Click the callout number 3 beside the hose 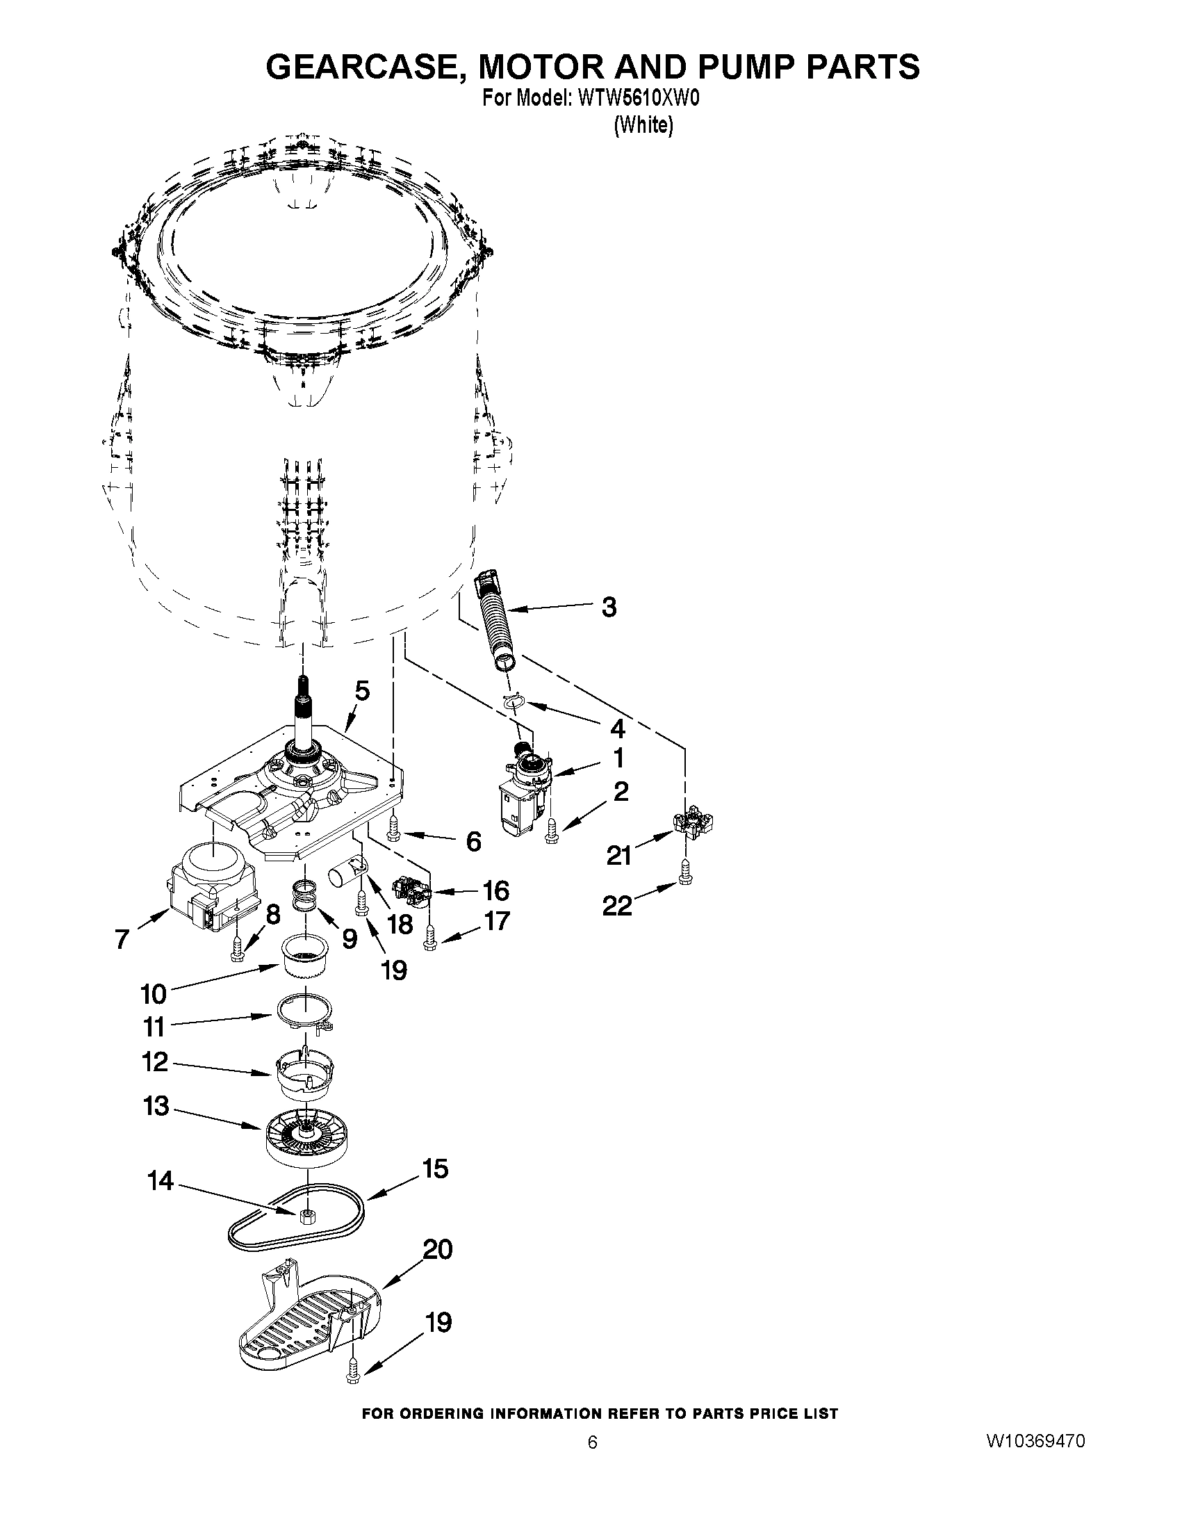609,608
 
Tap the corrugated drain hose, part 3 497,617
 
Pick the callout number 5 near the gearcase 361,691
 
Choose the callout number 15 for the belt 435,1169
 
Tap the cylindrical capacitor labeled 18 347,877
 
